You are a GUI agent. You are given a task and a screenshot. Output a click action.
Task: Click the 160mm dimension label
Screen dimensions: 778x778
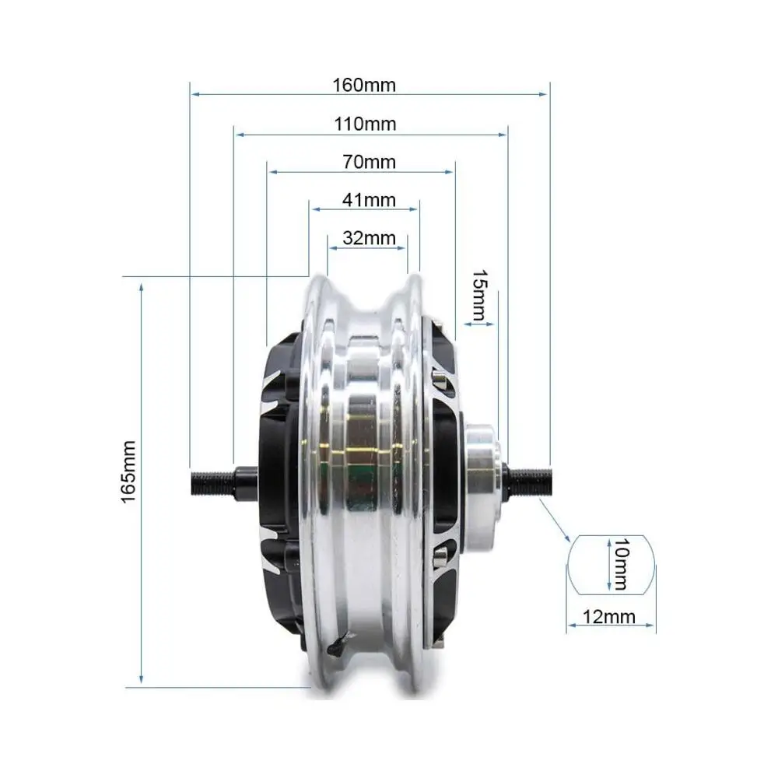coord(364,85)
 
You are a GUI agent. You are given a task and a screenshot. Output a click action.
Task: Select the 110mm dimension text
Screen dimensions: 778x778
coord(365,124)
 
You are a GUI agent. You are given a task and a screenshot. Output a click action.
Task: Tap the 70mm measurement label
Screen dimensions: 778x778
coord(369,162)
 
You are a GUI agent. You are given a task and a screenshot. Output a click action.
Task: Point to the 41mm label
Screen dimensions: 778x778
coord(369,200)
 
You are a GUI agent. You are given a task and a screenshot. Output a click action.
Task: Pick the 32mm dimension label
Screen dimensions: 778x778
coord(369,238)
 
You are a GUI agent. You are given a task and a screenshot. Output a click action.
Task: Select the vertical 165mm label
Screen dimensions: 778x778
coord(128,472)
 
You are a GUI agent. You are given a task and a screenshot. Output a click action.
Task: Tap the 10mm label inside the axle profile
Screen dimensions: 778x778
coord(621,564)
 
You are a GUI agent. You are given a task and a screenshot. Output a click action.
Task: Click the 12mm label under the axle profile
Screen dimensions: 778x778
coord(609,617)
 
